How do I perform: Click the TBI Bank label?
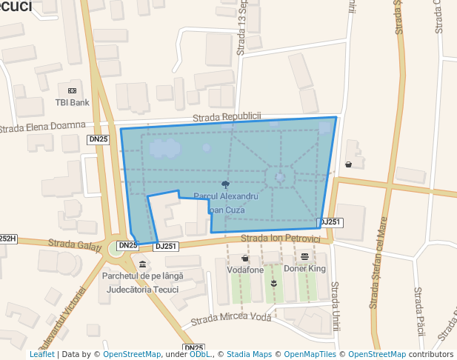coord(73,102)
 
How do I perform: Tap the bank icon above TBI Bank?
coord(73,90)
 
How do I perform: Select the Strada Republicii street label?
coord(227,117)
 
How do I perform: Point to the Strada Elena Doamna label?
coord(42,127)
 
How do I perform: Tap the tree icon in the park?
coord(225,184)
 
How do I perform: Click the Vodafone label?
coord(245,270)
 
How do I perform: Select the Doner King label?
coord(305,269)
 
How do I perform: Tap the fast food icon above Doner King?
coord(305,256)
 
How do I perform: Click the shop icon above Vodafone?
coord(245,258)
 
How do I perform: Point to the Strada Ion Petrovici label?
coord(280,239)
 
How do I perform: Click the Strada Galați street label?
coord(74,243)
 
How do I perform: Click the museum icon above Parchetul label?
coord(142,264)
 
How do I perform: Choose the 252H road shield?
coord(7,239)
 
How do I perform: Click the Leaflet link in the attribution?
coord(41,354)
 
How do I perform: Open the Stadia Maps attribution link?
coord(249,354)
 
